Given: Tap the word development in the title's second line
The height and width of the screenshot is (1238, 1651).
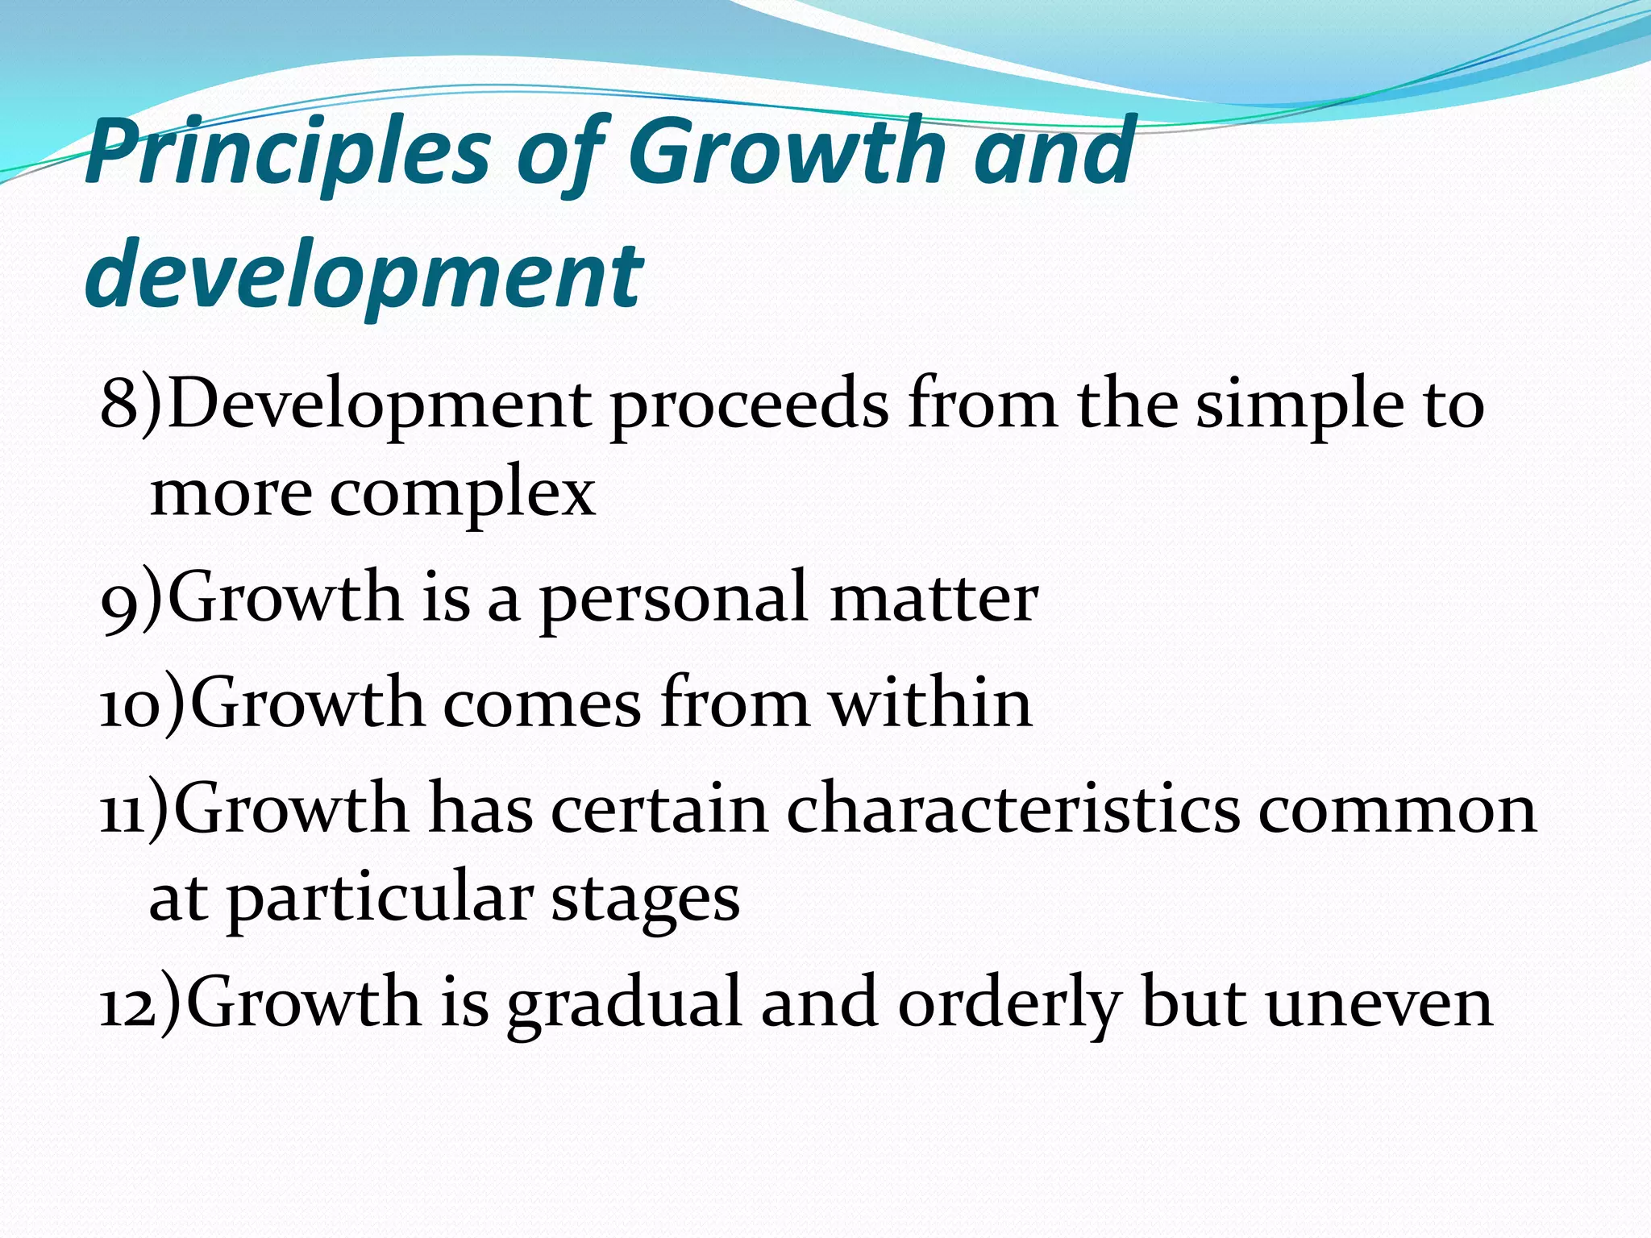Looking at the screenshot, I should (363, 275).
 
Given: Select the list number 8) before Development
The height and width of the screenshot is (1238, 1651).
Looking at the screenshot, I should (130, 405).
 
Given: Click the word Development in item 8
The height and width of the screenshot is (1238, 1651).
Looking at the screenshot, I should (378, 405).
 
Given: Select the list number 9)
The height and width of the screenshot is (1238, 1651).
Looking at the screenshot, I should (131, 598).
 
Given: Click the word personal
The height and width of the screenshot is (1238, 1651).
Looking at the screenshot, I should (673, 598).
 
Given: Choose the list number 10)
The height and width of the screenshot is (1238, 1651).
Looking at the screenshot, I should (142, 704).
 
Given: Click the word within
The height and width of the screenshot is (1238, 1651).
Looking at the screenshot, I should (930, 704).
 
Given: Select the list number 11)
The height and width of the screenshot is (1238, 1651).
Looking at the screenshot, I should (134, 809).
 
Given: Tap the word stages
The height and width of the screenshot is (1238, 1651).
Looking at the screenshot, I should (645, 899).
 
